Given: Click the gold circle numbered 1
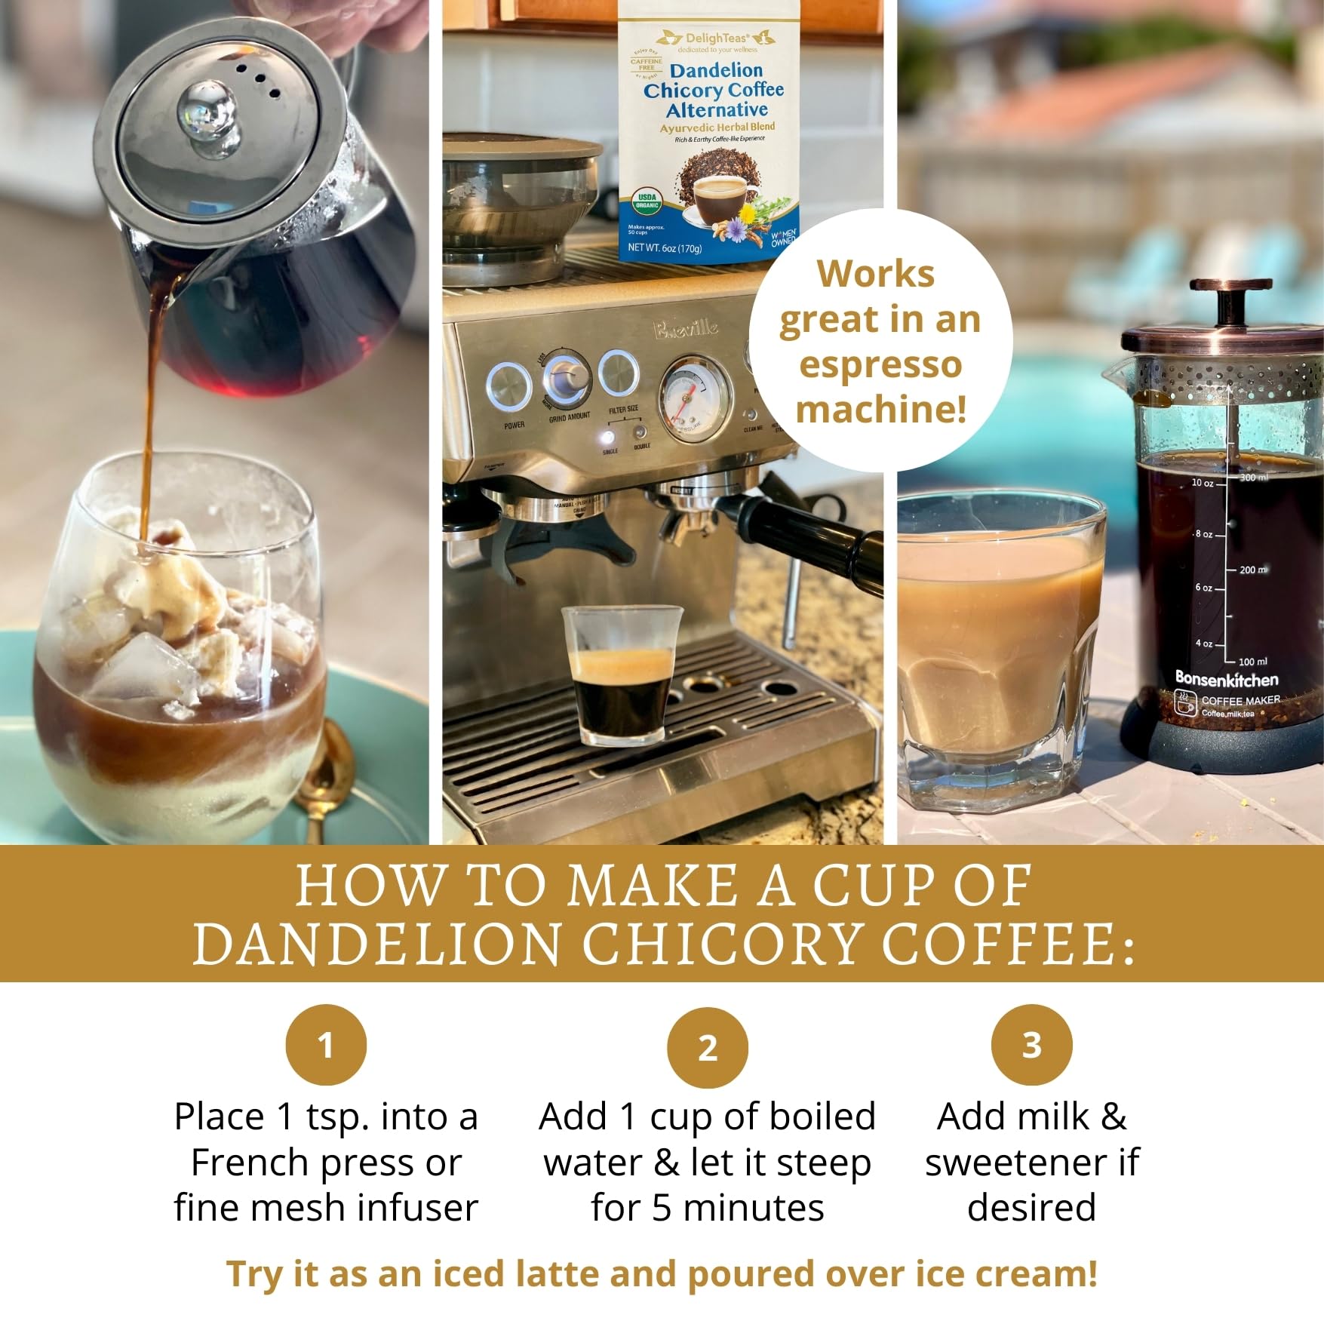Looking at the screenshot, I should [326, 1045].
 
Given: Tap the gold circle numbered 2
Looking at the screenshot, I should [707, 1047].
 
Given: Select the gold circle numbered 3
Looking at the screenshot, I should [1031, 1045].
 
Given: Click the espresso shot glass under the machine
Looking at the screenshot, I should [622, 675].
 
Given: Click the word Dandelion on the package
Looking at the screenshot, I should [716, 71].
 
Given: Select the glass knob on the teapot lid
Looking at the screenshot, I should [207, 113].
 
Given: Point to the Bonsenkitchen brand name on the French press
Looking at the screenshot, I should [1227, 679].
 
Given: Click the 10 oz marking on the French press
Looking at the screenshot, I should [1203, 483].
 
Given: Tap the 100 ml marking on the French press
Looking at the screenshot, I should [1253, 662].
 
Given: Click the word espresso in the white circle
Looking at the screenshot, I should [880, 365].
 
